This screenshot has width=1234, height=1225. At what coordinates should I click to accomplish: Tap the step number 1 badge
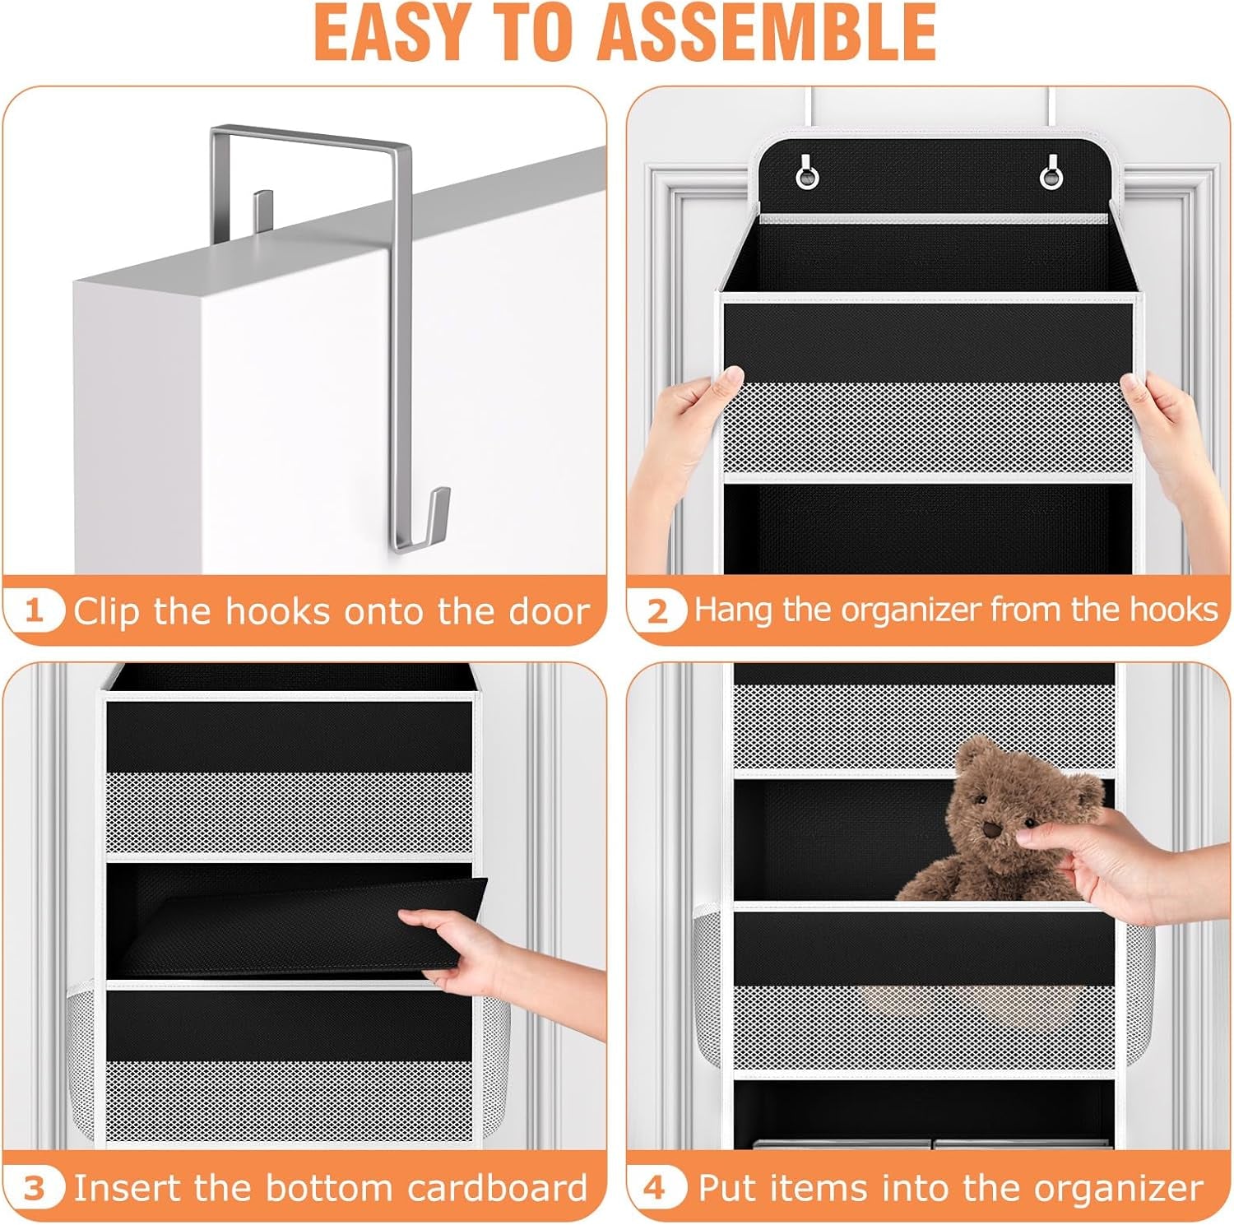[34, 611]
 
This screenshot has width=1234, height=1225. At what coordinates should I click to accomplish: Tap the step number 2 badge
[657, 611]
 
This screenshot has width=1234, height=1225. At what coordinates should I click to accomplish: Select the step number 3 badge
[34, 1188]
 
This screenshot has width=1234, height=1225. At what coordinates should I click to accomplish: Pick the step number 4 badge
[655, 1188]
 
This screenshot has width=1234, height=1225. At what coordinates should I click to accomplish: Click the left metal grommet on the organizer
[807, 175]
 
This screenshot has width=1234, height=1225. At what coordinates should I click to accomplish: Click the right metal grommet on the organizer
[1051, 175]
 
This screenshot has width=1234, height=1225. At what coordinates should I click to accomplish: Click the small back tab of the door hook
[262, 209]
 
